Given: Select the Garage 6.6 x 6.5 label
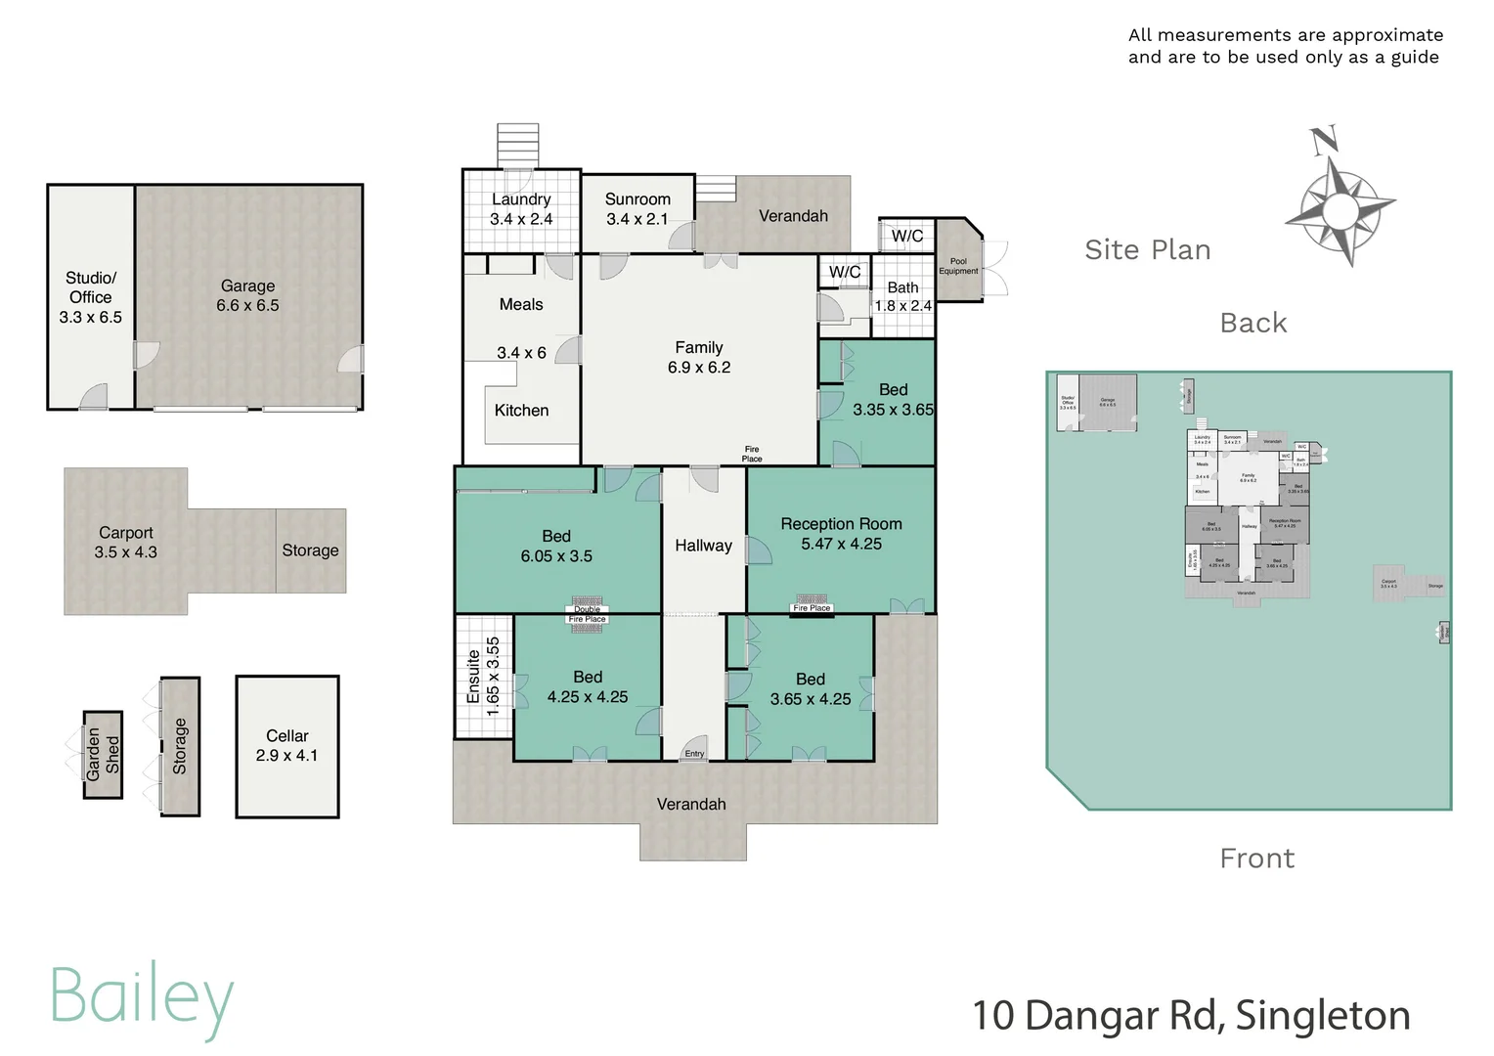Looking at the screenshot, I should pyautogui.click(x=247, y=295).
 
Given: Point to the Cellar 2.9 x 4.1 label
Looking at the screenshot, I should pyautogui.click(x=286, y=745).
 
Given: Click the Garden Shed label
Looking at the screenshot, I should pyautogui.click(x=103, y=754).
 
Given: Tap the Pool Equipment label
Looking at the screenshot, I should pyautogui.click(x=958, y=266).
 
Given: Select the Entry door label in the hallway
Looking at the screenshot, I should pyautogui.click(x=694, y=754).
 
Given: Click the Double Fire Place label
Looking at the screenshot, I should pyautogui.click(x=588, y=614).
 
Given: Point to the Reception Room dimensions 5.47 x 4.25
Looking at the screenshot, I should pyautogui.click(x=841, y=545).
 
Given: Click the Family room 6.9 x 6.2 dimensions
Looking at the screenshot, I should pyautogui.click(x=699, y=368).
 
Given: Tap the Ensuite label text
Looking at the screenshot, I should pyautogui.click(x=474, y=676).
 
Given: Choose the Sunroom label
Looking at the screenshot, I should pyautogui.click(x=637, y=199).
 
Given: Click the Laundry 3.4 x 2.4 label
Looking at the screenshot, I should pyautogui.click(x=521, y=209).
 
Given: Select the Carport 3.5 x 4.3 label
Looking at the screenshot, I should pyautogui.click(x=125, y=543).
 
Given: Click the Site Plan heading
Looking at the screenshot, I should pyautogui.click(x=1147, y=250).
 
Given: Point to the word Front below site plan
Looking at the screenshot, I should pyautogui.click(x=1256, y=858).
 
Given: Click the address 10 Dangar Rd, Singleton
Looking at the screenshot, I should pyautogui.click(x=1191, y=1016).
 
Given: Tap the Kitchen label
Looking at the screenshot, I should pyautogui.click(x=521, y=411).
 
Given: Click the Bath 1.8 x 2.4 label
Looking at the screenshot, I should pyautogui.click(x=902, y=296).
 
